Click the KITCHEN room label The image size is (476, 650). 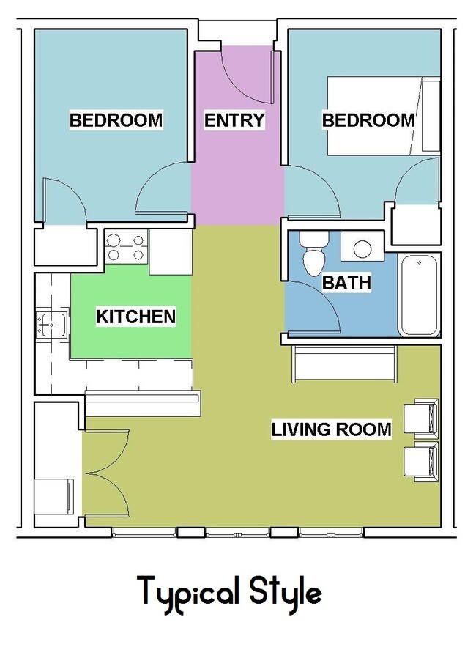(136, 317)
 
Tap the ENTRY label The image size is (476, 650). (234, 120)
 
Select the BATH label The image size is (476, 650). (346, 282)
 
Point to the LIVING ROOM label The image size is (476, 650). (332, 429)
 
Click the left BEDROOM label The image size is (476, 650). (116, 120)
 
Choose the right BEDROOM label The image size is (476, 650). (368, 120)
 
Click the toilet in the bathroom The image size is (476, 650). (314, 254)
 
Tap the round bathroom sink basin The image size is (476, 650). (362, 248)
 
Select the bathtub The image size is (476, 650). (420, 295)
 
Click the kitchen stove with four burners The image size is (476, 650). (126, 247)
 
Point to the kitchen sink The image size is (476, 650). (52, 325)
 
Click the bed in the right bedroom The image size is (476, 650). (384, 116)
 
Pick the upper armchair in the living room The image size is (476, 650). (421, 418)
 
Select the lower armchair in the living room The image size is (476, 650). (421, 461)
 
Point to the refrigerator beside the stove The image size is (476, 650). (171, 252)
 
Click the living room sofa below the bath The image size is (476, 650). (345, 363)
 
